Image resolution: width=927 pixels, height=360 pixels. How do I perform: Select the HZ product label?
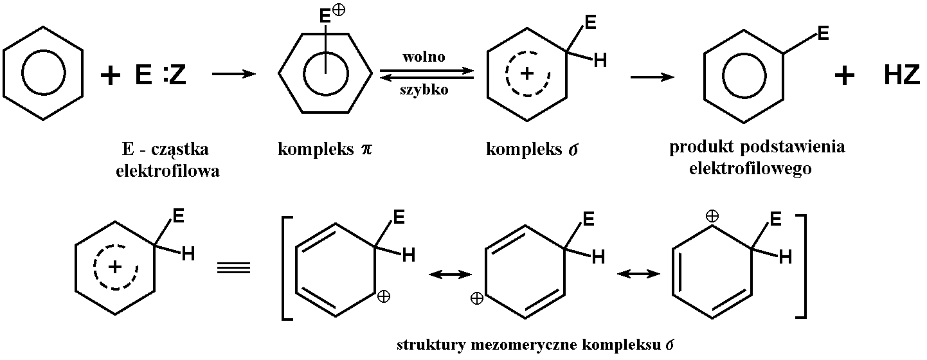coord(901,76)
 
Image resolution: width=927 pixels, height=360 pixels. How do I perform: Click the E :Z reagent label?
coord(161,76)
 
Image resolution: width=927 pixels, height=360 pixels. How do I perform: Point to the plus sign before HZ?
coord(844,76)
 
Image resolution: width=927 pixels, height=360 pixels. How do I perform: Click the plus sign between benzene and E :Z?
coord(111,76)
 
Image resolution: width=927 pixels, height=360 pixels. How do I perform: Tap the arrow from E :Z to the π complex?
coord(233,75)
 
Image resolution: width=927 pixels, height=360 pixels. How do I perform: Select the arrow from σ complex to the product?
coord(652,77)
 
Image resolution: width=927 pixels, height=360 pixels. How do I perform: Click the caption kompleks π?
coord(325,150)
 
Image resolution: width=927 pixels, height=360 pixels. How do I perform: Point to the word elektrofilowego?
coord(750,169)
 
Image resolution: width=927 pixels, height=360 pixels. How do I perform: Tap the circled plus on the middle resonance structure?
coord(477,298)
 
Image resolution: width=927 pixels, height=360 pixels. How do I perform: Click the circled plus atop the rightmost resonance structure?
coord(712,217)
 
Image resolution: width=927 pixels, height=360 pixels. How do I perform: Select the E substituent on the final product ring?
coord(823,32)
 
